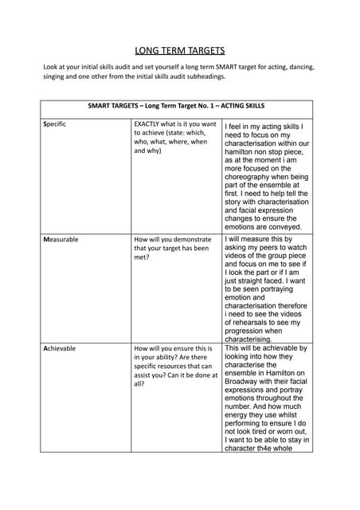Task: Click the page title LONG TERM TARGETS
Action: coord(180,50)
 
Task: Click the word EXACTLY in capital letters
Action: coord(150,124)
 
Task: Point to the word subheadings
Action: coord(203,77)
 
